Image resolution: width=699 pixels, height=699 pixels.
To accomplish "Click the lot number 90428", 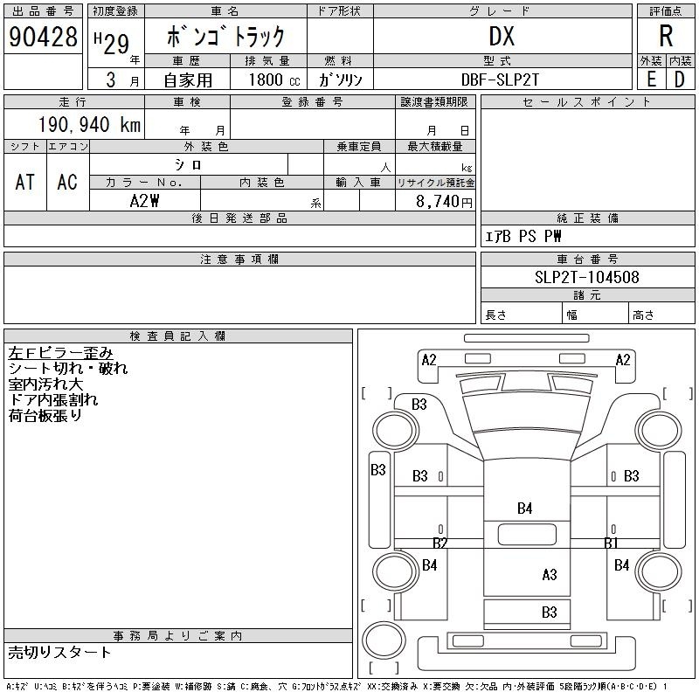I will tap(43, 37).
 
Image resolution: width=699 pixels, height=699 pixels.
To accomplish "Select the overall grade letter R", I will tap(666, 36).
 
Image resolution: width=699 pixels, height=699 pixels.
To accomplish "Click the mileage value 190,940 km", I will tap(88, 124).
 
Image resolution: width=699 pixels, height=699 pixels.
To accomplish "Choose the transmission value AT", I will tap(25, 181).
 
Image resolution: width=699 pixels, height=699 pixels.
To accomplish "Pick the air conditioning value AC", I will tap(67, 181).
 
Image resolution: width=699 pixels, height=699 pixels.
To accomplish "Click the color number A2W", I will tap(144, 200).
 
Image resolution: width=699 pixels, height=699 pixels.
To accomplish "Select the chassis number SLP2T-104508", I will tap(586, 278).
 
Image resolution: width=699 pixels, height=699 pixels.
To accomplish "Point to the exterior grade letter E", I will tap(651, 80).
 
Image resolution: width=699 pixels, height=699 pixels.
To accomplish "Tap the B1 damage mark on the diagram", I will tap(612, 543).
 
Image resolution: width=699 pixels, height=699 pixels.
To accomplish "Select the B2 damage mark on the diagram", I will tap(440, 543).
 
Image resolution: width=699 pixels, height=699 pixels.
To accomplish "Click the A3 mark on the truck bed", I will tap(549, 574).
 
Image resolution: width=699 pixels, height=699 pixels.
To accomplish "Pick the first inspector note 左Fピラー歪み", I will tap(60, 353).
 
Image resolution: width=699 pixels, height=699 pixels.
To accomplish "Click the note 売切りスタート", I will tap(60, 652).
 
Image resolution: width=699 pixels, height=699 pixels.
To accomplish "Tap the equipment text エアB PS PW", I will tap(523, 236).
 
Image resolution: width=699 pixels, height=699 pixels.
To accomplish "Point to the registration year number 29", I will tap(115, 38).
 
